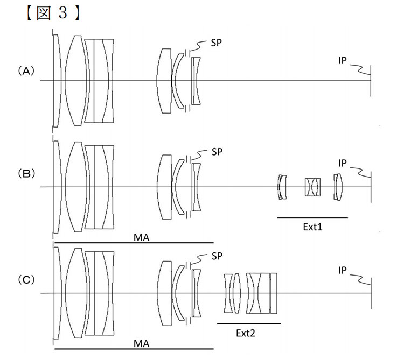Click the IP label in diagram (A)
click(x=343, y=61)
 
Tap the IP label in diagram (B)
click(x=343, y=162)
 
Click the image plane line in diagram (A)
click(x=371, y=81)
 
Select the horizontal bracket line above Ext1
click(x=312, y=217)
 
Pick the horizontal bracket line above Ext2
click(x=248, y=323)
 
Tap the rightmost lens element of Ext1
click(x=338, y=187)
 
